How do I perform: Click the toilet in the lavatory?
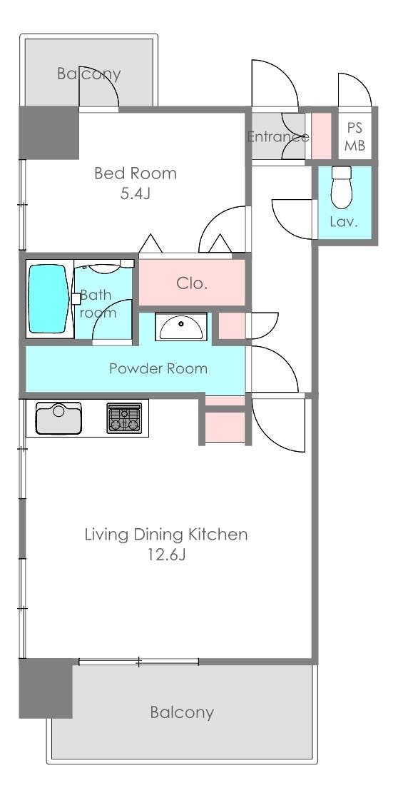point(341,187)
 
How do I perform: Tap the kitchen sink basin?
point(58,418)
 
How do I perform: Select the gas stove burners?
point(124,418)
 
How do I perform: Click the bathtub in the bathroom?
point(49,299)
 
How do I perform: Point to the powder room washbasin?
point(181,327)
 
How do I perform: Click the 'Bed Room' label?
point(136,173)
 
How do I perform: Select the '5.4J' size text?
point(136,194)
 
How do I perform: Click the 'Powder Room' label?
point(158,368)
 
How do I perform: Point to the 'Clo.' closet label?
point(192,283)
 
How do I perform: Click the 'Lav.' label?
point(344,222)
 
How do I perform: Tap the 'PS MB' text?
point(355,136)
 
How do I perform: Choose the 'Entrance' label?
point(278,136)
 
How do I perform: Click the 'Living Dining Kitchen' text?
point(166,535)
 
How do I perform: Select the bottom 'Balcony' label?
point(181,712)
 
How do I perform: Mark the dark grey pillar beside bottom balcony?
point(46,688)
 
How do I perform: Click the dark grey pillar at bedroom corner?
point(49,132)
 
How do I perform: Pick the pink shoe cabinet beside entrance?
point(321,136)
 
